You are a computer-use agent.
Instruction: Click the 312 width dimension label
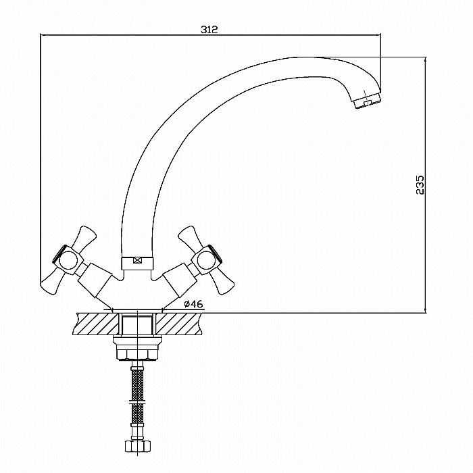click(x=209, y=29)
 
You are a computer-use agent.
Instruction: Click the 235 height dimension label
click(x=420, y=185)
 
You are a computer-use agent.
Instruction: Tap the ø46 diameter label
click(x=193, y=304)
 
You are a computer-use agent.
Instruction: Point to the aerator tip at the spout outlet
click(x=367, y=101)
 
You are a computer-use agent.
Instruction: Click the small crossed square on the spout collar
click(x=138, y=260)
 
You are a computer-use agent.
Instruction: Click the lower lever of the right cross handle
click(x=222, y=282)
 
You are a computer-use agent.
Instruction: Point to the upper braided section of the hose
click(x=138, y=384)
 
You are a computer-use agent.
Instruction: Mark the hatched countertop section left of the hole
click(x=96, y=324)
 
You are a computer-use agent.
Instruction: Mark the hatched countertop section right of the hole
click(x=179, y=324)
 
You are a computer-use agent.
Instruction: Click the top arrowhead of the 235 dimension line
click(x=425, y=60)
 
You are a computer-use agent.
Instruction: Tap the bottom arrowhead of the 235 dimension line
click(x=425, y=309)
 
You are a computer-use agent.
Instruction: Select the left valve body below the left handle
click(x=95, y=278)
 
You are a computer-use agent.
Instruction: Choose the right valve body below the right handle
click(x=180, y=278)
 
